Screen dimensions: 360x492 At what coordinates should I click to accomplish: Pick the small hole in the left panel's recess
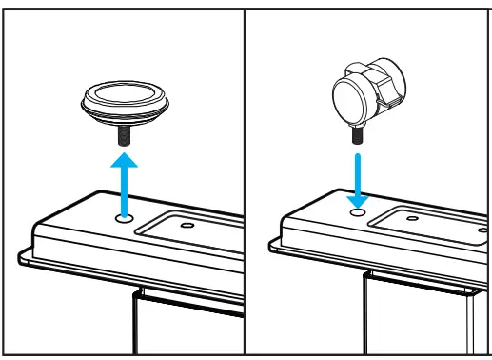pos(187,226)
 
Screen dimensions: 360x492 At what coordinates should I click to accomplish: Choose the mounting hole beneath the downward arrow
pos(359,211)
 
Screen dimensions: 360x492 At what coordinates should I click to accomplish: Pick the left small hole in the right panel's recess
pos(411,218)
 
